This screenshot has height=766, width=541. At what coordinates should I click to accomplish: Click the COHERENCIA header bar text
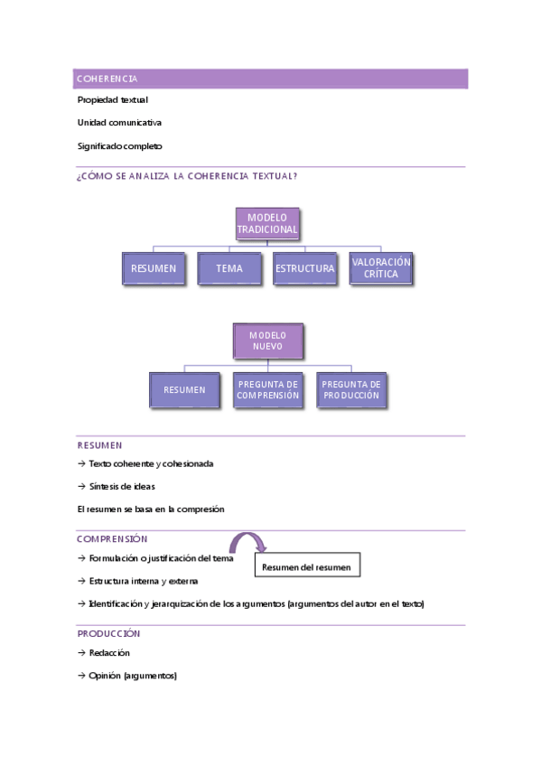[x=107, y=79]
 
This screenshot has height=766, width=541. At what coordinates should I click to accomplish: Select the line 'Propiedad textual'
[x=113, y=100]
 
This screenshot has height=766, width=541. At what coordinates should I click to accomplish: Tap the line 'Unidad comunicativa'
[x=119, y=123]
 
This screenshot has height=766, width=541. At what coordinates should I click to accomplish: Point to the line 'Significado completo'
[x=120, y=146]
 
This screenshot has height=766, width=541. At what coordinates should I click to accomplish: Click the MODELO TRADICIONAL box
[x=267, y=224]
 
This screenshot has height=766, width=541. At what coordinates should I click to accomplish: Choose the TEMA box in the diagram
[x=229, y=269]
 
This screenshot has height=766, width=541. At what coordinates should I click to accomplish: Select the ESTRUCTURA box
[x=305, y=269]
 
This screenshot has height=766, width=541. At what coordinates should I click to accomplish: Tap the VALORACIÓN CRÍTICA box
[x=381, y=268]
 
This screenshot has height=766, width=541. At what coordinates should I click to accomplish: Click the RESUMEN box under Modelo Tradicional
[x=154, y=269]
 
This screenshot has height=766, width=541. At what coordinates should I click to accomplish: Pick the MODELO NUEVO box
[x=267, y=341]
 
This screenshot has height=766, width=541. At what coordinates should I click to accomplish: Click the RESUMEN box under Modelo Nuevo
[x=184, y=390]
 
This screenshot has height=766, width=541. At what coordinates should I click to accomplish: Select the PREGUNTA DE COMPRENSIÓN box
[x=267, y=390]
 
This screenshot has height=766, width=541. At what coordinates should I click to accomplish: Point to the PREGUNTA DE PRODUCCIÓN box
[x=351, y=390]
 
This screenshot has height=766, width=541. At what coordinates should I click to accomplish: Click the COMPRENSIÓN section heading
[x=112, y=539]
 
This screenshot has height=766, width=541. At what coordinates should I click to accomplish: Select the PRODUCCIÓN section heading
[x=109, y=634]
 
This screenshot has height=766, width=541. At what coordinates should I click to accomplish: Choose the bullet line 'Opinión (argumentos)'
[x=133, y=676]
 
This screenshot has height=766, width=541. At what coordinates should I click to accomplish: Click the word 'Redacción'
[x=109, y=653]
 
